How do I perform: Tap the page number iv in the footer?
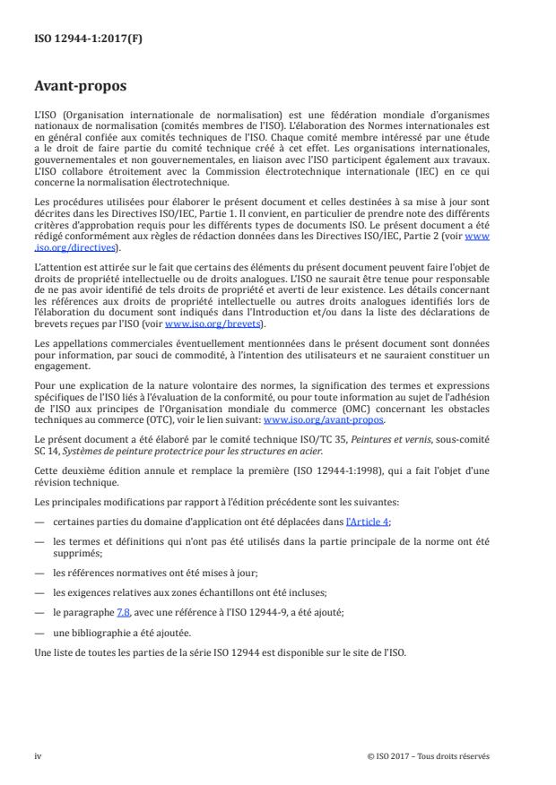pos(38,755)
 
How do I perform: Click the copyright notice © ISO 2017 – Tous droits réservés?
pos(429,755)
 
